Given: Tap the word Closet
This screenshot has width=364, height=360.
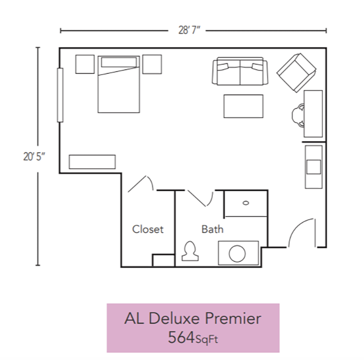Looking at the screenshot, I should point(148,229).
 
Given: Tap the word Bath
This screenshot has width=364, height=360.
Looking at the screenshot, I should point(212,229).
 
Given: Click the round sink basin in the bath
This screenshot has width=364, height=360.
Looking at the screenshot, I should point(238,254).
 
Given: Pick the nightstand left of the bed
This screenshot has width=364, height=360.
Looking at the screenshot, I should point(85,64).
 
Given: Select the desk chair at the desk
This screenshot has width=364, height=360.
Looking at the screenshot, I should point(298,115).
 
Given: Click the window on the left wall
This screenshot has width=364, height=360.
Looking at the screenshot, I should point(60,95).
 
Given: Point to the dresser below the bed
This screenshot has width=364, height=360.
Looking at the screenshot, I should point(92,162).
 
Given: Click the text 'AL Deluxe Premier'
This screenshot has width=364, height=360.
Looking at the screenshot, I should point(193,318).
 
